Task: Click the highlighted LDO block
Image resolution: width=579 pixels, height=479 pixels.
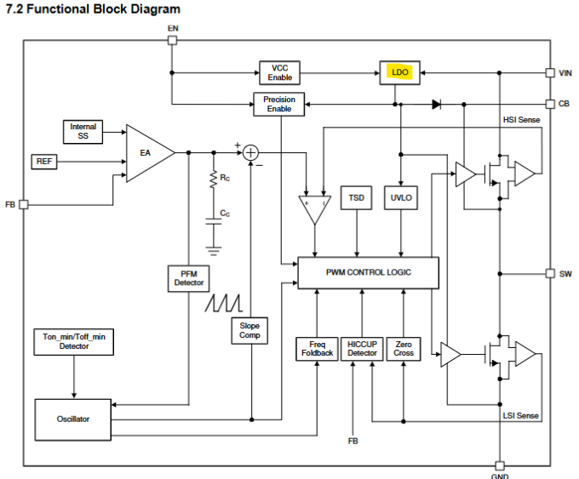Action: coord(400,72)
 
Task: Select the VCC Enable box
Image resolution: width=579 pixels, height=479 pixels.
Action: coord(279,72)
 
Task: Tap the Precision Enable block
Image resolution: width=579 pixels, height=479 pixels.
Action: coord(279,104)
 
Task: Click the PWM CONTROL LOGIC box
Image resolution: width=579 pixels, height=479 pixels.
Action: coord(368,273)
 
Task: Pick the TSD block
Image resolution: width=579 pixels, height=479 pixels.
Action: coord(356,197)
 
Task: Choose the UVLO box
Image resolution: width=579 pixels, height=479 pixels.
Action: coord(401,197)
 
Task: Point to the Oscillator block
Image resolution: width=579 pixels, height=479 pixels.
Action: coord(73,419)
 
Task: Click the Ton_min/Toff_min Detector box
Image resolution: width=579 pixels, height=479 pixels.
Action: coord(74,342)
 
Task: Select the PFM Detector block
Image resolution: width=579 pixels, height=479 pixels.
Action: coord(189,278)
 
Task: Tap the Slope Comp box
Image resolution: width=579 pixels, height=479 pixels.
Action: coord(249,331)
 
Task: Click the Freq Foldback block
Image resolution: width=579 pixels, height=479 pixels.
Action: coord(318,349)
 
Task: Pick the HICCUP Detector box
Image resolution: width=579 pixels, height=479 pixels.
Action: coord(362,349)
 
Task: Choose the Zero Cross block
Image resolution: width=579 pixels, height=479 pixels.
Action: coord(404,349)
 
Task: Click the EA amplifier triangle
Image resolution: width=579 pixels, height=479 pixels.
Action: coord(147,153)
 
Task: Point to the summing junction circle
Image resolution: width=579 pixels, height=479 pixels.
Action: coord(250,153)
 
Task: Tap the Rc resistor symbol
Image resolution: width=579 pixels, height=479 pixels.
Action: coord(214,180)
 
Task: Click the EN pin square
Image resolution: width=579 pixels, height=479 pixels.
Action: coord(173,40)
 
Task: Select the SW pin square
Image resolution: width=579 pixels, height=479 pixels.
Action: coord(550,273)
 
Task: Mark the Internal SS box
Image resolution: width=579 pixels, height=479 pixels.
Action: coord(83,132)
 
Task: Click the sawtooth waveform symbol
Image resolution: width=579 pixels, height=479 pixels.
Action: coord(224,303)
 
